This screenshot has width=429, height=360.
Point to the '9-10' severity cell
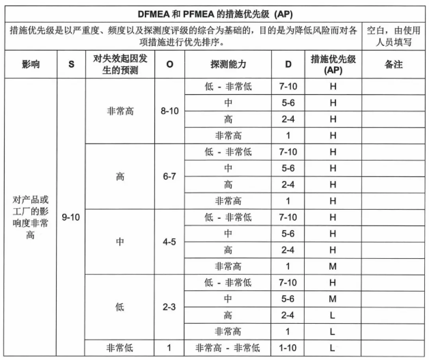(x=72, y=217)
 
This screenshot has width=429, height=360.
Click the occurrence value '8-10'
(x=169, y=110)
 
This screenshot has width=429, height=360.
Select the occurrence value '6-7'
(x=169, y=176)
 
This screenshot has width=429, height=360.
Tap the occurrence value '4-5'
(x=169, y=241)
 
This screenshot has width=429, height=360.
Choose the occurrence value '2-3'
(x=169, y=307)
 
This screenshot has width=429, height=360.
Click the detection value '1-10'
(x=288, y=347)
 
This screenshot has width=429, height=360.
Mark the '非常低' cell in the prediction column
(x=120, y=347)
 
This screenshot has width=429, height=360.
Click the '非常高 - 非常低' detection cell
(x=228, y=347)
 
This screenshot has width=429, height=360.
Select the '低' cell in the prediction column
(x=120, y=307)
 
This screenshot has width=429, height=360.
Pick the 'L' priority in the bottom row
(x=333, y=347)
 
